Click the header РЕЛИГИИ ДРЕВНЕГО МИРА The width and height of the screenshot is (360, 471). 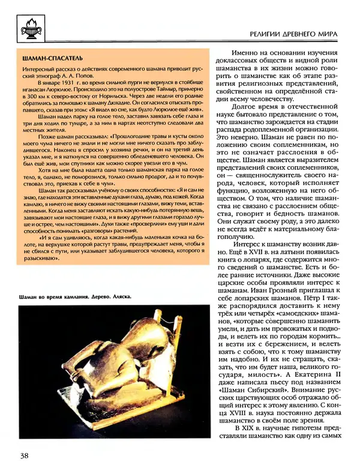coord(292,35)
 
